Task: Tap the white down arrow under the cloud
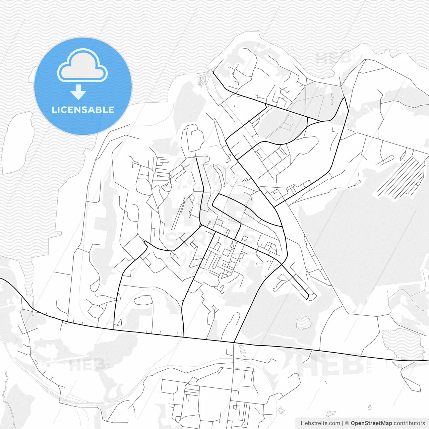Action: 78,92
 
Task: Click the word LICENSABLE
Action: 83,110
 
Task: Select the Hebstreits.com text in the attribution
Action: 320,423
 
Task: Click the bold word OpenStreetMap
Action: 371,423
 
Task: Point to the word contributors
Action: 409,423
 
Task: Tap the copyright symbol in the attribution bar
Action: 347,423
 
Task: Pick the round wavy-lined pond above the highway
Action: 304,323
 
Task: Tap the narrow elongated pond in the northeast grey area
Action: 332,99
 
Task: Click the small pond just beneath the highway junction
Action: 242,351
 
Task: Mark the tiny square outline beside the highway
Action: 399,366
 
